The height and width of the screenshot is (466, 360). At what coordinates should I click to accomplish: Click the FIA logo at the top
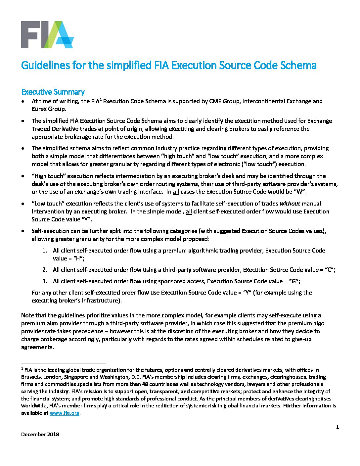pyautogui.click(x=47, y=35)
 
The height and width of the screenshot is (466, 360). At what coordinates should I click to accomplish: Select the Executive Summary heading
pyautogui.click(x=53, y=92)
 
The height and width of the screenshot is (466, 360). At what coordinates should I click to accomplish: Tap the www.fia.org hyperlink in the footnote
pyautogui.click(x=65, y=413)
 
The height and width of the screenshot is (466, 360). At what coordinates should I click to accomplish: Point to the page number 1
pyautogui.click(x=337, y=427)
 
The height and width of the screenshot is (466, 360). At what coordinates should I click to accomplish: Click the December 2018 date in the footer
pyautogui.click(x=40, y=434)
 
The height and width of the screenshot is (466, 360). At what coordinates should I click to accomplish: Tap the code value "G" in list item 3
pyautogui.click(x=293, y=281)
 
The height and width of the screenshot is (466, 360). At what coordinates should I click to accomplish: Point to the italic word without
pyautogui.click(x=290, y=204)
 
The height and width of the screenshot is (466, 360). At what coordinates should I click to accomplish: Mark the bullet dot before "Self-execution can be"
pyautogui.click(x=22, y=231)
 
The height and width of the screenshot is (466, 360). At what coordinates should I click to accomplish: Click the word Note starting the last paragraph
pyautogui.click(x=27, y=315)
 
